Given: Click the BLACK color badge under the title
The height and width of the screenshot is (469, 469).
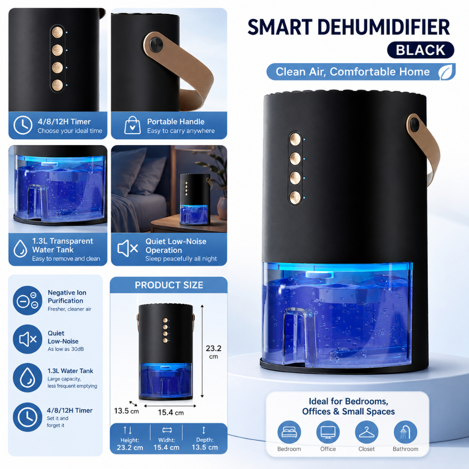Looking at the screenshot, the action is [420, 50].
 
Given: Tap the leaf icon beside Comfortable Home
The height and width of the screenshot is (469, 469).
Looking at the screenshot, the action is [447, 72].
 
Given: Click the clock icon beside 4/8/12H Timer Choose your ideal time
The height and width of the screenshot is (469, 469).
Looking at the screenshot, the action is [23, 125].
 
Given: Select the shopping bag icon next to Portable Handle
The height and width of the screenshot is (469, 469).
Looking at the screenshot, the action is [132, 125].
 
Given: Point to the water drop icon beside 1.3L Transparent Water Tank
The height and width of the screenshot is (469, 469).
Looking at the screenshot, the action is [20, 249].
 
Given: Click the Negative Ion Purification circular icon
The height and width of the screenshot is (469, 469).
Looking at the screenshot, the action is [27, 300].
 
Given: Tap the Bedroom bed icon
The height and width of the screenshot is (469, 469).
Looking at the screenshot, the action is [289, 432].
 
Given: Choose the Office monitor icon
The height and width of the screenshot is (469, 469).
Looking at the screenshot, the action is [328, 432].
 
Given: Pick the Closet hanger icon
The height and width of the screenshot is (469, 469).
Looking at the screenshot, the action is [366, 432].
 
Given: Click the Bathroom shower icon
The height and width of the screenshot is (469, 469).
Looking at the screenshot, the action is [405, 432].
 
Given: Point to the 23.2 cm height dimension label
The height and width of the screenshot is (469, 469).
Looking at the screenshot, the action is [213, 352].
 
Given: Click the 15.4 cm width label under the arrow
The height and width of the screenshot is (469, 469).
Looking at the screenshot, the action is [171, 413].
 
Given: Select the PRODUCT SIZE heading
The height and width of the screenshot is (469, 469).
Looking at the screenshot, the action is [169, 285].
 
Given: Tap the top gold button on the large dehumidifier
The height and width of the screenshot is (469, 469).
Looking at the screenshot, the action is [295, 139].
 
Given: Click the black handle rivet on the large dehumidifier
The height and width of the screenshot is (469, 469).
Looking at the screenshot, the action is [415, 125].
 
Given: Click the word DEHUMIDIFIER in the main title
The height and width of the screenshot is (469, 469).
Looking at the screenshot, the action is [384, 27].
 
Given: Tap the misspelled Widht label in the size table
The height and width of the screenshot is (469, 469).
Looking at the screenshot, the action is [167, 440].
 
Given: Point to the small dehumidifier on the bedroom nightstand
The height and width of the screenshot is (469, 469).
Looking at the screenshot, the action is [195, 199].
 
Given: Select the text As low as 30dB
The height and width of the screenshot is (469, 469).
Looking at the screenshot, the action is [66, 349].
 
